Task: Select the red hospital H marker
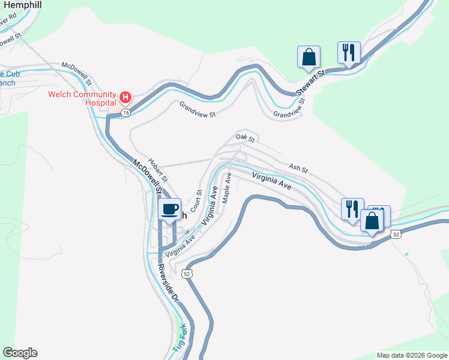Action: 125,97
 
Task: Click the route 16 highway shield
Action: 125,112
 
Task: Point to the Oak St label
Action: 246,138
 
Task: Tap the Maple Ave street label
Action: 227,189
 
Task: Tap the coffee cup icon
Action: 170,209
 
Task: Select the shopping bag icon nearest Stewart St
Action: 309,57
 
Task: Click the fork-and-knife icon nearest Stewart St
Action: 348,52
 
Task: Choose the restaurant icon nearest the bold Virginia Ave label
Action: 352,209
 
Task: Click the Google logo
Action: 20,353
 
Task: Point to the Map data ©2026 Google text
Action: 411,355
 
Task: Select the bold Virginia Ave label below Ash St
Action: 272,181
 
